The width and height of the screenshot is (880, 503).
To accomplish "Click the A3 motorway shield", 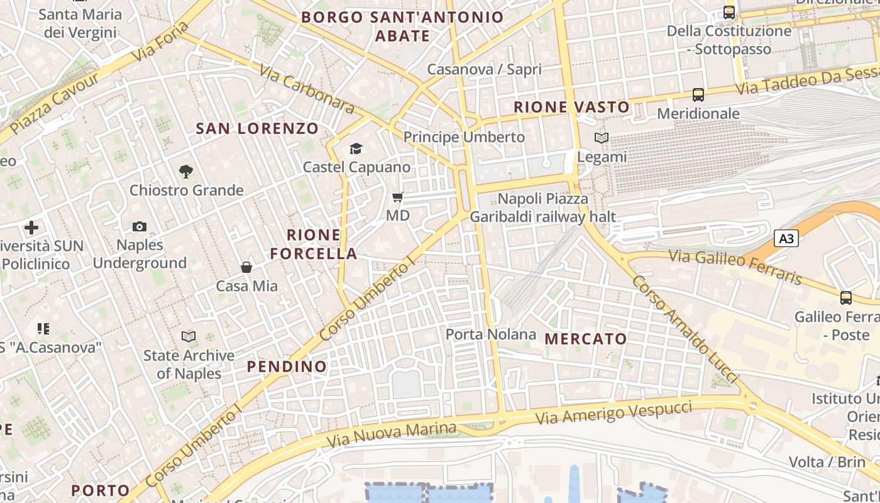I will pyautogui.click(x=786, y=239).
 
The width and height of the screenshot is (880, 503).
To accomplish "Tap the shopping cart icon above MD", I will pyautogui.click(x=397, y=197).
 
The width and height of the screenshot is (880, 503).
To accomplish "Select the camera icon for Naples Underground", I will pyautogui.click(x=140, y=226).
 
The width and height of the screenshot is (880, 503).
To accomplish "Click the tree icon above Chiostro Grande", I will pyautogui.click(x=185, y=171).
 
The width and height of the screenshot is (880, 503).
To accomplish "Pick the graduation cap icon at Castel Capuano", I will pyautogui.click(x=356, y=149).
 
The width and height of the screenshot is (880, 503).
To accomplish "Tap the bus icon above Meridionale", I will pyautogui.click(x=698, y=95).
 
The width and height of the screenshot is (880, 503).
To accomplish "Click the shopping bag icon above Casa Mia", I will pyautogui.click(x=246, y=267).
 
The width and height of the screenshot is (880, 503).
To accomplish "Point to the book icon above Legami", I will pyautogui.click(x=602, y=138).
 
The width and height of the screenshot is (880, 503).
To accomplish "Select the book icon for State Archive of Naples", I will pyautogui.click(x=188, y=336).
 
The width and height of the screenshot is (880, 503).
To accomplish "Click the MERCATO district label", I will pyautogui.click(x=586, y=339).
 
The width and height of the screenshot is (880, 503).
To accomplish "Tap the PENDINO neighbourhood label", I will pyautogui.click(x=287, y=367).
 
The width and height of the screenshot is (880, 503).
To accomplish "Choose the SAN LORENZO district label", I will pyautogui.click(x=258, y=129).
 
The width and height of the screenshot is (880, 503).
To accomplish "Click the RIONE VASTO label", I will pyautogui.click(x=571, y=108).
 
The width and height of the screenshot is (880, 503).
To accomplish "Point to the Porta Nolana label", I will pyautogui.click(x=491, y=334).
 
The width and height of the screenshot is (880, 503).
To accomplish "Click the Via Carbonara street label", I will pyautogui.click(x=307, y=92).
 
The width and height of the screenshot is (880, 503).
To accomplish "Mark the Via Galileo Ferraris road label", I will pyautogui.click(x=735, y=266).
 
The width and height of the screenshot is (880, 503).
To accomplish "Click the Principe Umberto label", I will pyautogui.click(x=464, y=137).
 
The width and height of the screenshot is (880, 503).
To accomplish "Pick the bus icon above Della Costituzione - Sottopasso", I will pyautogui.click(x=729, y=12).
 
